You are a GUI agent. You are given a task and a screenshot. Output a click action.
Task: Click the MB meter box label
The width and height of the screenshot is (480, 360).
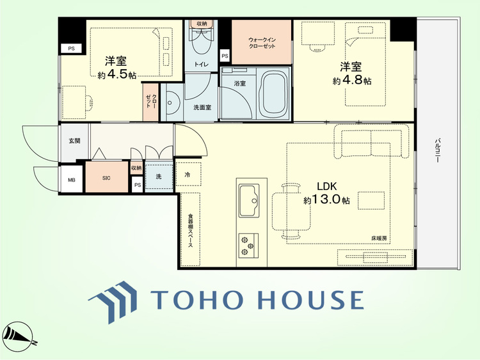pos(71,180)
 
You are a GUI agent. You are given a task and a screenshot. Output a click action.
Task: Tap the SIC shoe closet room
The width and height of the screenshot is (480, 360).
pos(106,177)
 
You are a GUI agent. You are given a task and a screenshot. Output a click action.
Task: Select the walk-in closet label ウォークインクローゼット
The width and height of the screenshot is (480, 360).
pos(262,43)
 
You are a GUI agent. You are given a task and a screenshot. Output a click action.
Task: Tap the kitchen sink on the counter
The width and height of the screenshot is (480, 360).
pos(249,201)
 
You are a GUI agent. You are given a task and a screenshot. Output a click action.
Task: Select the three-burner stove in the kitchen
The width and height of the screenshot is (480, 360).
pos(248,245)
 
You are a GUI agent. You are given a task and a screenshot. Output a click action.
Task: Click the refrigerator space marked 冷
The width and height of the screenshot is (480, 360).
pos(188,174)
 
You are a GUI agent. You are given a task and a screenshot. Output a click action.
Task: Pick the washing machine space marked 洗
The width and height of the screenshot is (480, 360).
pos(159,176)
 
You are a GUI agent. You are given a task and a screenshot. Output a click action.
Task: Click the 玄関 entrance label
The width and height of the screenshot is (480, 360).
pos(74,141)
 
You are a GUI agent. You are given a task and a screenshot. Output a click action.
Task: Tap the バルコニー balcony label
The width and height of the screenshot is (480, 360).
pos(438,150)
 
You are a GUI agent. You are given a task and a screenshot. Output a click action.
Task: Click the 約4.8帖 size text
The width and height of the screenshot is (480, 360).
pos(352,80)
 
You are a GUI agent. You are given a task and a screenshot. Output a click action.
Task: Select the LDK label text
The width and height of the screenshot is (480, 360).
pos(326,186)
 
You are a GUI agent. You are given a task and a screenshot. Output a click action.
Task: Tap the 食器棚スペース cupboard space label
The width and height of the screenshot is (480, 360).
pos(190,230)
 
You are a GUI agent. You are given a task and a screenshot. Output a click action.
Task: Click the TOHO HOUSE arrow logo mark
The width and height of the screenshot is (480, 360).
pos(113,302)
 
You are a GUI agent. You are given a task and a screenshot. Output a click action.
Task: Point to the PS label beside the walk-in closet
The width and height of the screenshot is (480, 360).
pos(225,56)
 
